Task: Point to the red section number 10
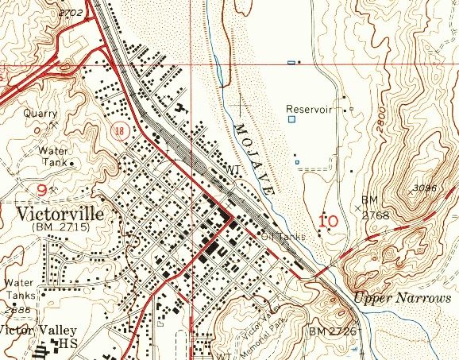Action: [329, 220]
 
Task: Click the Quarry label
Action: [40, 113]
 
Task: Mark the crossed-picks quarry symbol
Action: [53, 124]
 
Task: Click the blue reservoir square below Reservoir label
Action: [291, 119]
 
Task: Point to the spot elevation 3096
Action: [426, 188]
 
